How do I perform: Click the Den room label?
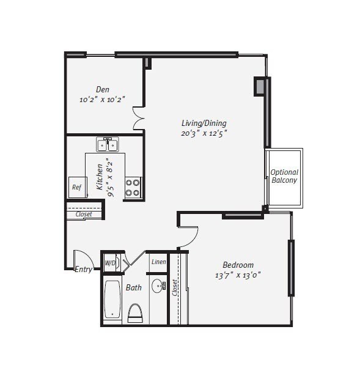(x=102, y=89)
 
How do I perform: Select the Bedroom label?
(x=238, y=265)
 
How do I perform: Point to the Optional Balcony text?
(x=284, y=176)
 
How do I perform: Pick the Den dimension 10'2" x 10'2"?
(x=102, y=99)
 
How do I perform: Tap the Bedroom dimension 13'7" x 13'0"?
(x=238, y=275)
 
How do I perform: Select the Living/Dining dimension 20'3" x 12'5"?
(x=204, y=133)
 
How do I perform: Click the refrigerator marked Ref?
(x=77, y=188)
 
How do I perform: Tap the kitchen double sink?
(x=108, y=145)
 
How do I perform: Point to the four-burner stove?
(x=133, y=187)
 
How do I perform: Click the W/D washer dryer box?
(x=110, y=264)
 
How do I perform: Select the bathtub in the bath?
(x=112, y=300)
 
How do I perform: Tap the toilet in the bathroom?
(x=135, y=312)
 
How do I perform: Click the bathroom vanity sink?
(x=158, y=286)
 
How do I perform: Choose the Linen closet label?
(x=158, y=262)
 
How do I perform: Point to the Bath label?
(x=134, y=287)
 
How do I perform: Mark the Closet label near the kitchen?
(x=84, y=215)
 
